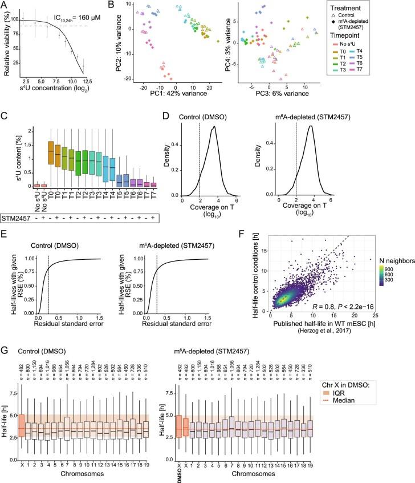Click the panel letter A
(5, 5)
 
